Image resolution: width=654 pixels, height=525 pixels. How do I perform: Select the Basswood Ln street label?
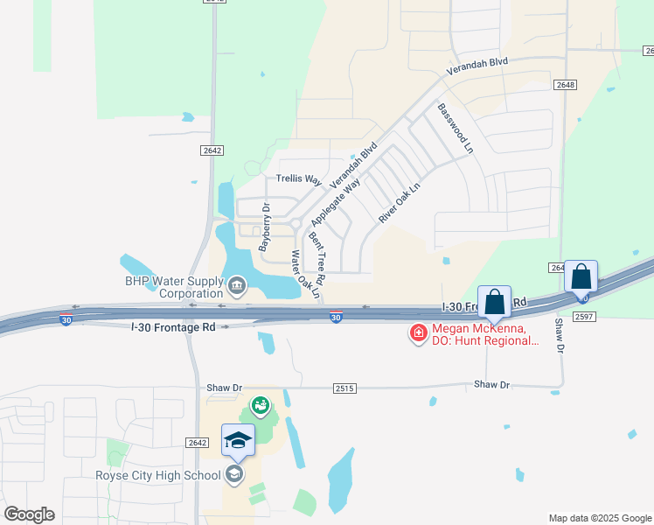coord(456,129)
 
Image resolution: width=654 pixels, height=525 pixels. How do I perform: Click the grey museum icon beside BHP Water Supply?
coord(236,285)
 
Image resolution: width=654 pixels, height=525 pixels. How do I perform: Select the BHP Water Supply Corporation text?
coord(173,287)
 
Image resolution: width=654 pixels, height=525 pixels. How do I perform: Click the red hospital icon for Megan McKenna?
coord(418,332)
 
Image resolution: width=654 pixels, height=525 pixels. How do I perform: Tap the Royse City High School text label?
coord(157,476)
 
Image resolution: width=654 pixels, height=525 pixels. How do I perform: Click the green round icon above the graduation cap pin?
coord(259,405)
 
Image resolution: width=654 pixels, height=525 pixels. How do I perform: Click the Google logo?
coord(29,514)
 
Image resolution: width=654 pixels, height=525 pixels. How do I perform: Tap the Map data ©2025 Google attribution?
coord(600,518)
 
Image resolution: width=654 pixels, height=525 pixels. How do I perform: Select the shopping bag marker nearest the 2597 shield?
coord(581,276)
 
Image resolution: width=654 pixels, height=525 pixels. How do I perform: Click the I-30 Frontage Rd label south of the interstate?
coord(172,326)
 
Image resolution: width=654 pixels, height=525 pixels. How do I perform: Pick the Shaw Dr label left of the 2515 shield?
coord(224,387)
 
